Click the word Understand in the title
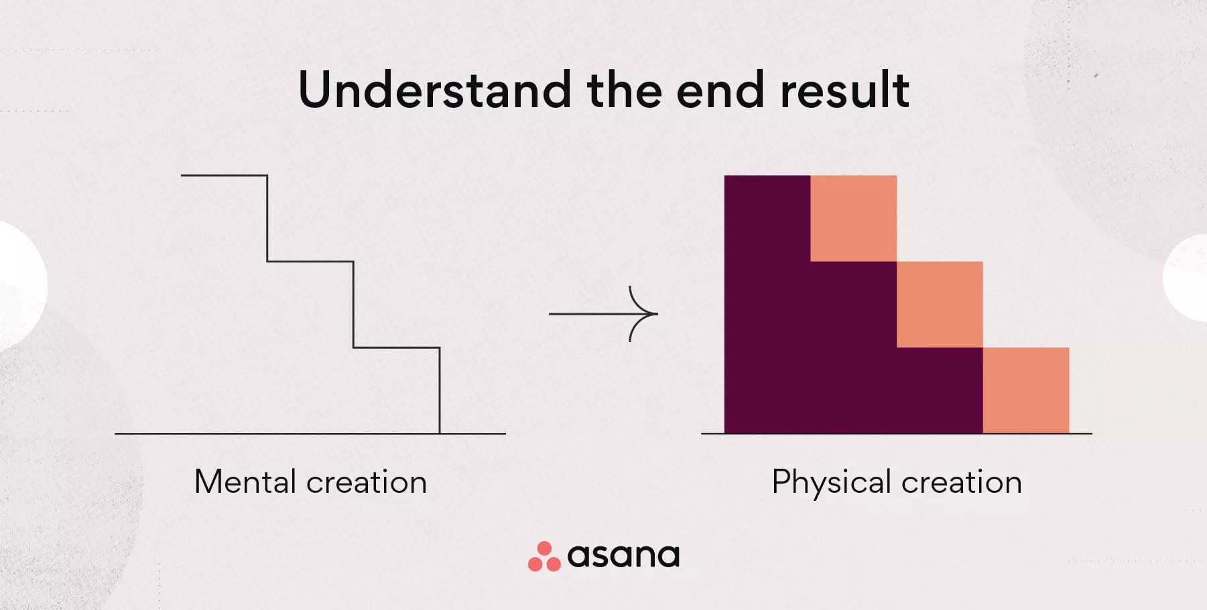click(x=434, y=89)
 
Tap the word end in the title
click(x=720, y=89)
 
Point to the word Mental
click(x=245, y=481)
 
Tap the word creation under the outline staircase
click(x=367, y=482)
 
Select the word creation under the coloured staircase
click(x=962, y=482)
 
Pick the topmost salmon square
click(x=853, y=218)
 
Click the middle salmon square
click(x=940, y=304)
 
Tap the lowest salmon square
click(x=1026, y=390)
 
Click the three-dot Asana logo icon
click(x=544, y=556)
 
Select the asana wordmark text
click(x=624, y=556)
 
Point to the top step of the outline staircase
click(x=224, y=175)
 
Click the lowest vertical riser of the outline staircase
click(x=440, y=390)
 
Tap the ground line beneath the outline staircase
click(x=310, y=434)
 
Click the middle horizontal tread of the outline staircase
click(x=310, y=261)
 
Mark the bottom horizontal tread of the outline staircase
click(x=397, y=348)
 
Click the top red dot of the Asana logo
click(x=545, y=548)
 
